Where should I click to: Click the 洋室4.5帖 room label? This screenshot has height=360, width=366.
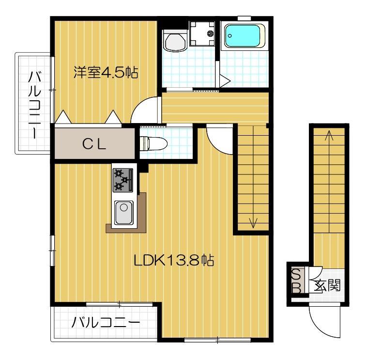pos(106,73)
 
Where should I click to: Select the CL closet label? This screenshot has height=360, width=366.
pos(93,144)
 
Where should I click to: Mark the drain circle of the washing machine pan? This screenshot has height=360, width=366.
pos(210,33)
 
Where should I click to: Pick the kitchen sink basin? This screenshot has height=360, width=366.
pos(123,212)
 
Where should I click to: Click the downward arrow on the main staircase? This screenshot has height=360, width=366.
pos(252,222)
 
